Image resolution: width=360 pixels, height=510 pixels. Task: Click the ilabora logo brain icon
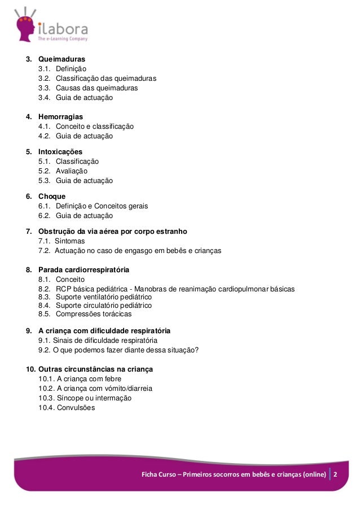point(23,28)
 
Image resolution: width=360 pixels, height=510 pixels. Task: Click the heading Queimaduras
point(62,59)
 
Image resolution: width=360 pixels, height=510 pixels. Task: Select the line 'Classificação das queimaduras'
point(106,78)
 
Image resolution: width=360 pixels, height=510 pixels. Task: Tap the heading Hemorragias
point(60,117)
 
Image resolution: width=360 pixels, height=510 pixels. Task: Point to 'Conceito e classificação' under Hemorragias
point(94,127)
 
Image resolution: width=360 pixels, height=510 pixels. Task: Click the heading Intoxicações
point(60,152)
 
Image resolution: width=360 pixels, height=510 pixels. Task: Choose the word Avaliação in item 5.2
point(72,171)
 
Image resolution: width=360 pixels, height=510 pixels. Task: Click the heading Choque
point(52,197)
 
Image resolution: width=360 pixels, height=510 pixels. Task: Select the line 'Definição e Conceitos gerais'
point(102,206)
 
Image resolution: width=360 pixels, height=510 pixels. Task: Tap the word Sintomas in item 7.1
point(69,241)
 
